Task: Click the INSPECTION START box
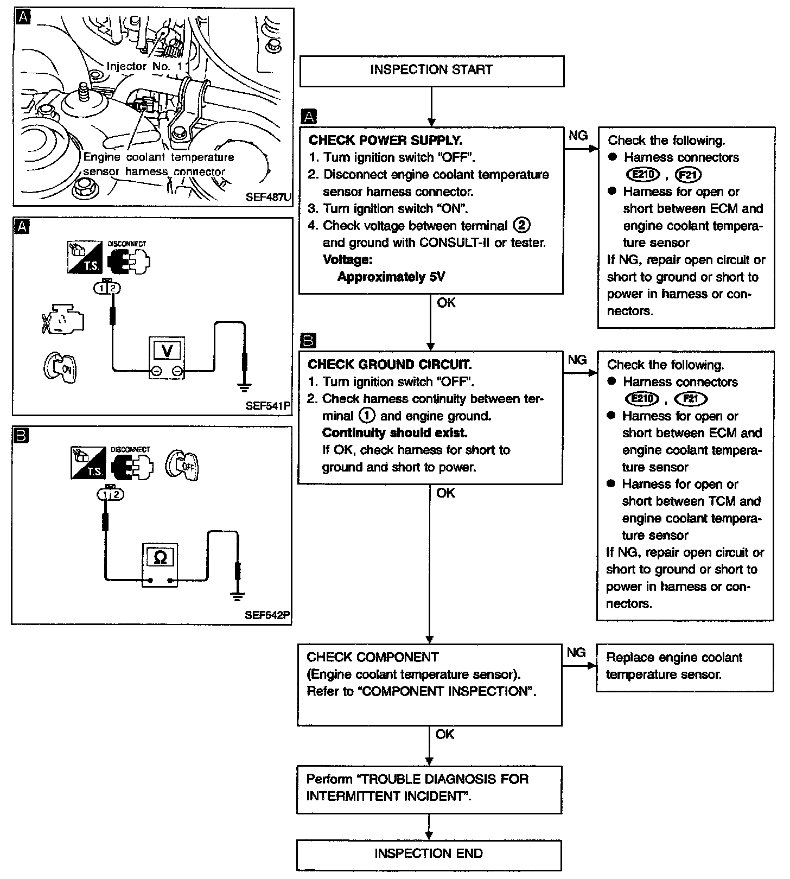(x=431, y=70)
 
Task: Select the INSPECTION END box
(x=429, y=853)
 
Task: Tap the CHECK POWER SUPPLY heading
(x=385, y=141)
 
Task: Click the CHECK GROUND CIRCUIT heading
(x=390, y=365)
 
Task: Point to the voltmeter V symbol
(x=167, y=351)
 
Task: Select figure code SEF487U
(x=269, y=197)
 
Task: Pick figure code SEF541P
(x=269, y=405)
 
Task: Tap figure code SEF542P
(x=267, y=615)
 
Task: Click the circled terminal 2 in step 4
(x=521, y=225)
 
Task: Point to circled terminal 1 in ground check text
(x=367, y=416)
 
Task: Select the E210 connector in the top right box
(x=642, y=174)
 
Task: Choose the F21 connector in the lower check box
(x=690, y=399)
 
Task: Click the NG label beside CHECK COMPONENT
(x=576, y=652)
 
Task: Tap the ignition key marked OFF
(x=183, y=465)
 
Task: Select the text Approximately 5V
(x=391, y=277)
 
